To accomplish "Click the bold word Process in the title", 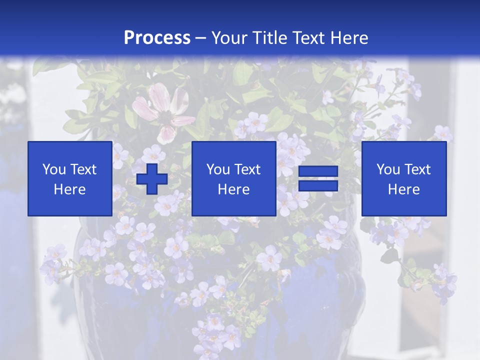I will click(157, 38).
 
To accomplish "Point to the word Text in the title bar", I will click(310, 38).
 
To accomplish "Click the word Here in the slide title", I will click(351, 38).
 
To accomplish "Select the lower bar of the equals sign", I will click(318, 186).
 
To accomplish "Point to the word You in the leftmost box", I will click(53, 169).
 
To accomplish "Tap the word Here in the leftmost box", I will click(69, 189).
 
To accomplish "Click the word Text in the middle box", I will click(247, 169).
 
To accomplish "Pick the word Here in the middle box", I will click(233, 189).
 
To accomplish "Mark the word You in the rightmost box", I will click(387, 169).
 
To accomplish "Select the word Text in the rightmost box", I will click(417, 169).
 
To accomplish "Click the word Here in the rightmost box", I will click(404, 189).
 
